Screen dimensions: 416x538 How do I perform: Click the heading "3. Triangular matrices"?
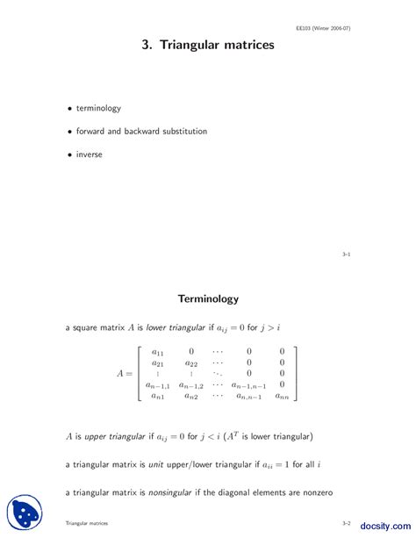click(208, 44)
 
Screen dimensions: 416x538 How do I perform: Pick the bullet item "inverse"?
click(89, 154)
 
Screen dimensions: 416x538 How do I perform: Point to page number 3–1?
click(347, 254)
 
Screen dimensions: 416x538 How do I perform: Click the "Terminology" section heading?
click(208, 298)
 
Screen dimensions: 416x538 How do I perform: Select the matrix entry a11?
click(158, 351)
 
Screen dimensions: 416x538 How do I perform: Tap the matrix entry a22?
click(191, 362)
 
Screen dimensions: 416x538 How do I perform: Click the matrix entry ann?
click(282, 396)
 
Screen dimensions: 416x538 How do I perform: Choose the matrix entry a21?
click(158, 362)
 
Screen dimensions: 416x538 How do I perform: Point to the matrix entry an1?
click(158, 396)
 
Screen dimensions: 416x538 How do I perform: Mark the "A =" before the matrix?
click(126, 373)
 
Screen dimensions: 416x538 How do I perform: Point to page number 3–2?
click(347, 522)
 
